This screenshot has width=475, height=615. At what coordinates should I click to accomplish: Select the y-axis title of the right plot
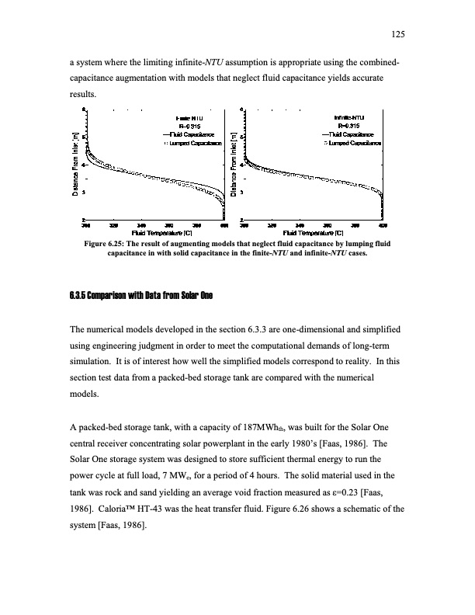(x=235, y=165)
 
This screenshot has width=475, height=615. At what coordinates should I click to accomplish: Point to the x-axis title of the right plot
(x=314, y=232)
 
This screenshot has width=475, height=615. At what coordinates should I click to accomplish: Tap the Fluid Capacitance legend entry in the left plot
(x=196, y=134)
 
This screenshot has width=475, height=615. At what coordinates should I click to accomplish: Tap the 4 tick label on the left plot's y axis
(x=85, y=165)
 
